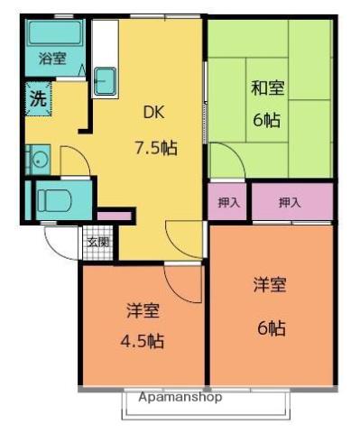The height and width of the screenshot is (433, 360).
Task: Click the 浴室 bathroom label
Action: pos(52,59)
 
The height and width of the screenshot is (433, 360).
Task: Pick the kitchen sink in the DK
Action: pos(106,79)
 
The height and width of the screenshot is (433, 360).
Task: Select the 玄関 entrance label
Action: pos(97,242)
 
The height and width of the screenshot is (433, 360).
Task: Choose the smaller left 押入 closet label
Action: pos(229,203)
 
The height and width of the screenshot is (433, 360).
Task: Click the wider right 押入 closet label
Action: pos(290,203)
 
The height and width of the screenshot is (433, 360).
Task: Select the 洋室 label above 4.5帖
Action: pos(143,312)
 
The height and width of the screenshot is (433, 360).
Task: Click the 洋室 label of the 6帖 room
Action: pos(270,285)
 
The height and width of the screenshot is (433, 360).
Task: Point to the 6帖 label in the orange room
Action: pos(271,328)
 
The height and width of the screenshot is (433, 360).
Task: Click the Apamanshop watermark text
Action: pos(180,397)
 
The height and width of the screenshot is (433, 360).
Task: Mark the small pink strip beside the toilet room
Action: pos(115,216)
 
